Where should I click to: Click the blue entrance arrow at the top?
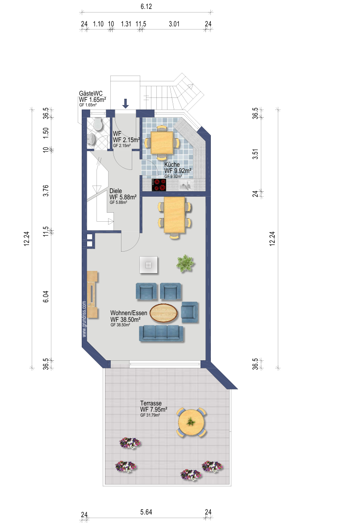[126, 103]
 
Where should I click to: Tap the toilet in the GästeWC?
[98, 124]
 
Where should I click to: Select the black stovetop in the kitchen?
[159, 185]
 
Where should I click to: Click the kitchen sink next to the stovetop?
[186, 185]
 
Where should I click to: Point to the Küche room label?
[172, 164]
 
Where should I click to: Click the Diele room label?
[116, 191]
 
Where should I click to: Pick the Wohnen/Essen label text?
[129, 313]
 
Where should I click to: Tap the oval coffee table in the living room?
[163, 313]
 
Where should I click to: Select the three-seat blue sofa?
[161, 333]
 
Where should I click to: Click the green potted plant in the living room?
[185, 263]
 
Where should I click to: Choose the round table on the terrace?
[191, 422]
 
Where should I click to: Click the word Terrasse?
[151, 403]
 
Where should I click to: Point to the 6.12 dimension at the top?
[146, 6]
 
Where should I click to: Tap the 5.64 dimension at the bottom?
[146, 512]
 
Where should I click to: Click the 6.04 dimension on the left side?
[46, 296]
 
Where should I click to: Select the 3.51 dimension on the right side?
[255, 154]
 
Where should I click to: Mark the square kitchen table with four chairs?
[162, 143]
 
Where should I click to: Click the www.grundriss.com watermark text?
[84, 319]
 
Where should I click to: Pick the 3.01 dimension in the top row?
[174, 24]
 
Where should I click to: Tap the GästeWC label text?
[91, 93]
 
